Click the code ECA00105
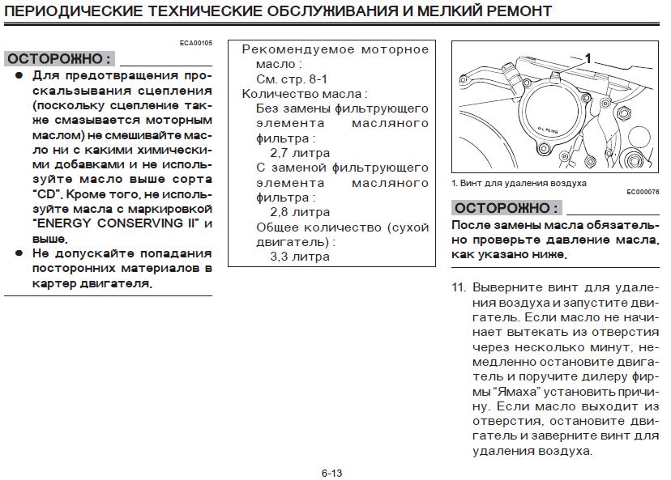point(196,42)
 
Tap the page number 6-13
point(332,472)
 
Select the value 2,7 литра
point(300,152)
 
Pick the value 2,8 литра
point(300,212)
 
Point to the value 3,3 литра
point(300,257)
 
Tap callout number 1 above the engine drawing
point(588,58)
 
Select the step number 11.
point(459,287)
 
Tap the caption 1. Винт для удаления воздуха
point(519,183)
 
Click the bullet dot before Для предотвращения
point(19,75)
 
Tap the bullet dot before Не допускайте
point(19,253)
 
